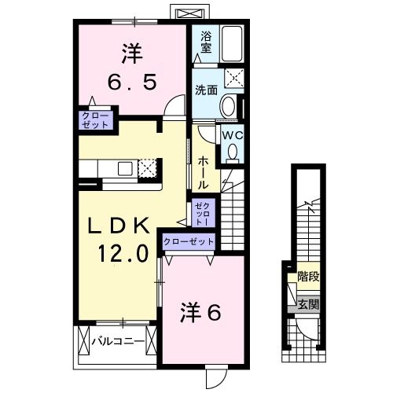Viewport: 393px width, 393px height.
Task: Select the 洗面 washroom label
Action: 207,90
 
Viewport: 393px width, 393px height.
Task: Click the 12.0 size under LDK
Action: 122,254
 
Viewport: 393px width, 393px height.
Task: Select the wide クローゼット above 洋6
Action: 189,241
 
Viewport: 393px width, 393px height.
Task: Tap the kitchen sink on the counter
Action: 127,168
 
